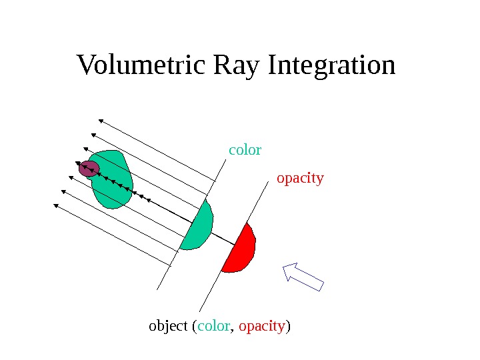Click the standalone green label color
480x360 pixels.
pos(245,150)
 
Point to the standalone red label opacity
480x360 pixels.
pos(300,178)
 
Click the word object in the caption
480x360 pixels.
pos(168,327)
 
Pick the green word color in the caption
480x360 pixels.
pos(213,327)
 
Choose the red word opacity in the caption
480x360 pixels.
pos(262,327)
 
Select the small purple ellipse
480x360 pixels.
pos(89,169)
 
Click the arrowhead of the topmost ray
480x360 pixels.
pos(101,121)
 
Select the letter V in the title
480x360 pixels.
pos(85,66)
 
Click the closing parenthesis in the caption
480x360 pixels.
pos(291,327)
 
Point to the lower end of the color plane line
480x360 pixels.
pos(157,289)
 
